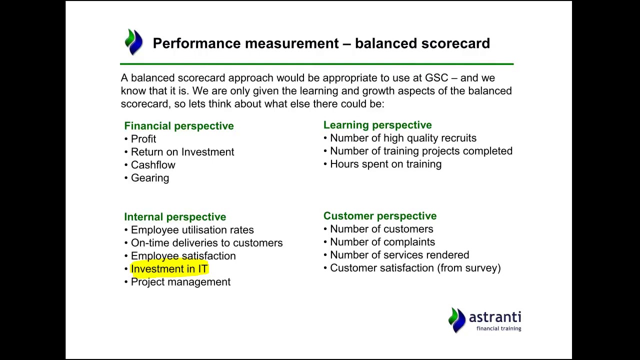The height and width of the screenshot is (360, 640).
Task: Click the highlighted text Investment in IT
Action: click(x=169, y=269)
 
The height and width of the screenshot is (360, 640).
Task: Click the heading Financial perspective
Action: click(x=178, y=126)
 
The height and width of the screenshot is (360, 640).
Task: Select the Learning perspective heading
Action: click(x=377, y=125)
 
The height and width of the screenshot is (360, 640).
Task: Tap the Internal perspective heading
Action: click(x=174, y=217)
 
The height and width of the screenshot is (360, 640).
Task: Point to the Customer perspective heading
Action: click(x=379, y=216)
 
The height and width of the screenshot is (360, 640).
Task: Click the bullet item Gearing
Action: click(x=149, y=178)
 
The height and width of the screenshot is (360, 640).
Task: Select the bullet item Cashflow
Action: click(x=152, y=165)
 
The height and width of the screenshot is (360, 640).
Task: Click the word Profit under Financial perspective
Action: click(x=143, y=139)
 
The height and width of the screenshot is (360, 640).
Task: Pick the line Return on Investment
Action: click(x=182, y=152)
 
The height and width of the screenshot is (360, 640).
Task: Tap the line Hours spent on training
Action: click(x=385, y=164)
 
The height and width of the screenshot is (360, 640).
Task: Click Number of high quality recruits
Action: click(x=403, y=138)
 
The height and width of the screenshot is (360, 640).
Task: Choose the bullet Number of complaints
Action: click(x=382, y=242)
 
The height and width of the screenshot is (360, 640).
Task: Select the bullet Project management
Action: click(x=180, y=282)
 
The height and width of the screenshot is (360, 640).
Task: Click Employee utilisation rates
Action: click(x=192, y=230)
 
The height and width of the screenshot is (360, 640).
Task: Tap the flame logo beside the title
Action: click(x=133, y=42)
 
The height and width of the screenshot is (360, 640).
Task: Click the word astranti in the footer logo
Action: click(x=494, y=317)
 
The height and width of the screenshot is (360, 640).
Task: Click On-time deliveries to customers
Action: click(x=206, y=243)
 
